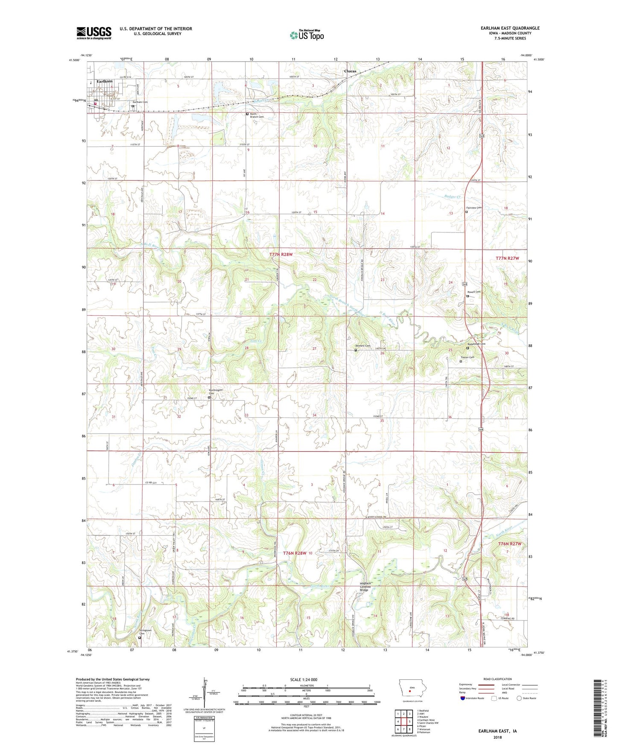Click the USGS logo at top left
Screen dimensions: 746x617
(94, 33)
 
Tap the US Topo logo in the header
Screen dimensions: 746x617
(307, 35)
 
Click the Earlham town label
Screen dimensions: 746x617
(105, 81)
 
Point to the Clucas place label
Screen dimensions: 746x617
(350, 71)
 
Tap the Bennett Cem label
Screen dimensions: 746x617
(363, 346)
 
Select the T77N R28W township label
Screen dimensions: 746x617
(281, 254)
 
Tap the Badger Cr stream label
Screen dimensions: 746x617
(452, 197)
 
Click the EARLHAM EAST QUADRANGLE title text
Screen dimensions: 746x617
(510, 28)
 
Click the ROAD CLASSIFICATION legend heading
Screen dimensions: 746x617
(497, 679)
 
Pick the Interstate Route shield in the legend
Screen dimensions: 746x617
(463, 698)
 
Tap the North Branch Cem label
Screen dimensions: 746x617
(257, 115)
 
